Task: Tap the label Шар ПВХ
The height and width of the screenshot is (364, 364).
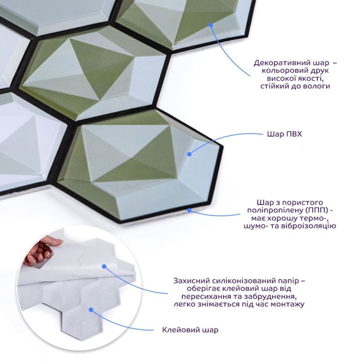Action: pos(284,134)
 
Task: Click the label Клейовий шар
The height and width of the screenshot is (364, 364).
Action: pos(190,330)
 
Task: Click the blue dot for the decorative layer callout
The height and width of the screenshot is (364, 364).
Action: pos(211,25)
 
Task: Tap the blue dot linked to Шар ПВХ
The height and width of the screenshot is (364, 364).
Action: pos(189,154)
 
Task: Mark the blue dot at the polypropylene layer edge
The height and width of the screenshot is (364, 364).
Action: pos(189,211)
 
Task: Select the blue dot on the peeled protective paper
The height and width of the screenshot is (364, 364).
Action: pos(104,267)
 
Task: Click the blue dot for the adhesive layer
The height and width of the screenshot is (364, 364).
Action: pos(91,310)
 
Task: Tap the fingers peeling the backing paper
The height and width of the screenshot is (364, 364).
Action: pos(40,250)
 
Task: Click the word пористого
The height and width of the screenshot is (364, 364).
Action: pos(303,203)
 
